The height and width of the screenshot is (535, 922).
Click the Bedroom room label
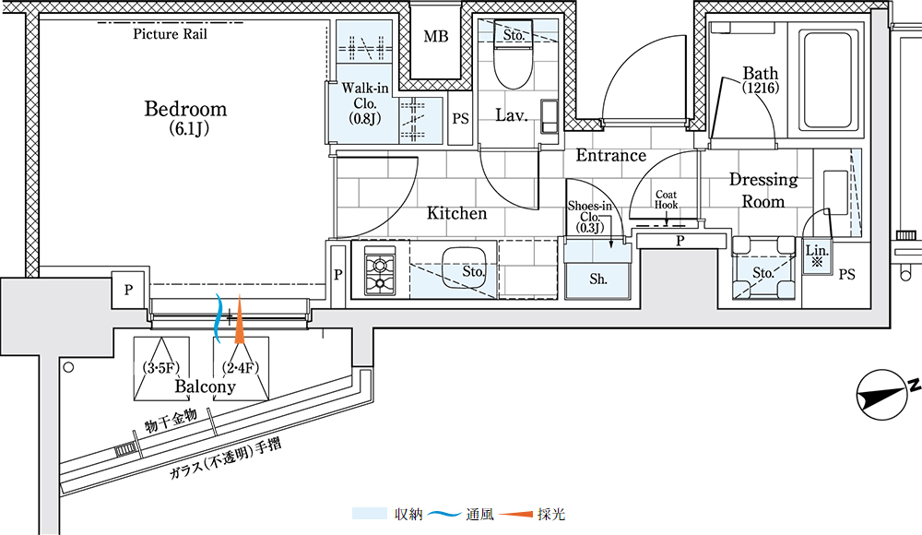point(186,109)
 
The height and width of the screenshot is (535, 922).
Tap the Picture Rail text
point(170,34)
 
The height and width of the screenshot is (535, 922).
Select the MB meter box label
point(436,37)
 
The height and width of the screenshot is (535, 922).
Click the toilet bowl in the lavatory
point(513,65)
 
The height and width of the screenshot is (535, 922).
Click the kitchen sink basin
point(464,268)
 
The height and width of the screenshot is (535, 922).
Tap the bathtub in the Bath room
point(827,81)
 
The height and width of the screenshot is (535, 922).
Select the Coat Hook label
point(667,199)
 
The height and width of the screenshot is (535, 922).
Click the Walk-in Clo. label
point(365,96)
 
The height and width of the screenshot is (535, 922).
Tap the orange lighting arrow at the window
point(240,319)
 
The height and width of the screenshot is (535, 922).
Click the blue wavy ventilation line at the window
point(218,319)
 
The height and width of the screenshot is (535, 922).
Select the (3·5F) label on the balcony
point(161,368)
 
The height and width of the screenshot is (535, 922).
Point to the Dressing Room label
point(763,190)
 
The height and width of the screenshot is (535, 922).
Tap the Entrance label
point(611,155)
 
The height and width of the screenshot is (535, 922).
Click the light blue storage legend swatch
point(370,514)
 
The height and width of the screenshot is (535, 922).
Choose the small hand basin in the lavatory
point(549,116)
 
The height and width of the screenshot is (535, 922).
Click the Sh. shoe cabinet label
point(598,279)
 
